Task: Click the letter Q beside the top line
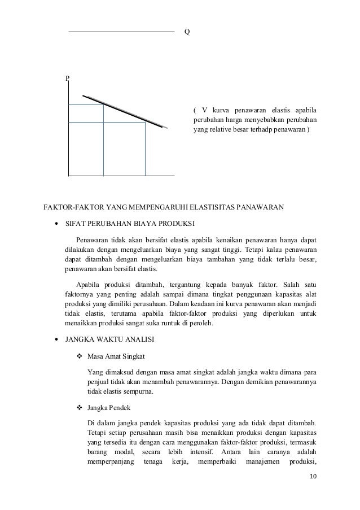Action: pos(187,32)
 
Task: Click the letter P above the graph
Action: pos(67,79)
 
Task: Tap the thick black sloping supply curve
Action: pos(124,112)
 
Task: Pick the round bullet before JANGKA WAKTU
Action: pos(57,341)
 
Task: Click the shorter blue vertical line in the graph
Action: pos(146,149)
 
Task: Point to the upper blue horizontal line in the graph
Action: pos(85,105)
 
